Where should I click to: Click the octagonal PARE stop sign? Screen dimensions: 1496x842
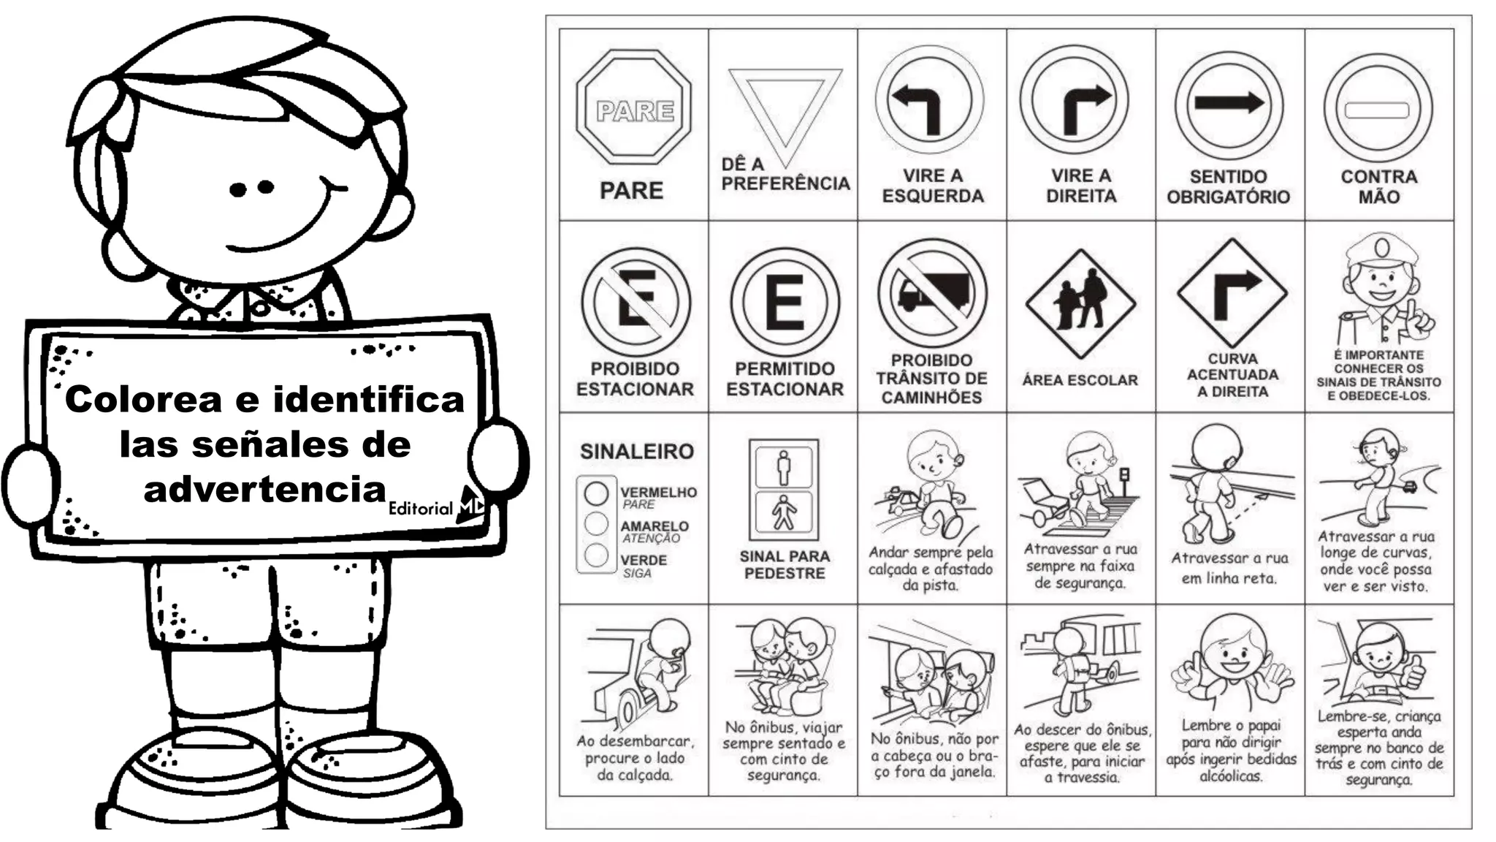[x=633, y=107]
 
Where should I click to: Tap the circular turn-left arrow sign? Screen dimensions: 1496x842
[x=929, y=100]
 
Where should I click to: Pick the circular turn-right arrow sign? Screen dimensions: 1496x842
[x=1075, y=100]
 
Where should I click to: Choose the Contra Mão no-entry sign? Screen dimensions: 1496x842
[x=1378, y=108]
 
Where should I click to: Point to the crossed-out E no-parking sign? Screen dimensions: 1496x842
[x=635, y=302]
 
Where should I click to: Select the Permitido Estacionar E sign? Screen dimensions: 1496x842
[x=785, y=302]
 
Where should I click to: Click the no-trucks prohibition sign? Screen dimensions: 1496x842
[x=932, y=292]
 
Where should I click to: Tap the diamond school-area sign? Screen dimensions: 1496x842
[x=1080, y=303]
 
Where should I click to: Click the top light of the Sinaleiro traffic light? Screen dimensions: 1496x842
[x=596, y=493]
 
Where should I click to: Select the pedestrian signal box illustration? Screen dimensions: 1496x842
[x=784, y=490]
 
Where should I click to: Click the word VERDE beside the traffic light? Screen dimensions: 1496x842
[x=644, y=561]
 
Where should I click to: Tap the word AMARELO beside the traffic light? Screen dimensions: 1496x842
[x=654, y=526]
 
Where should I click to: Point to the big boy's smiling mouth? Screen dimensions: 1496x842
[x=285, y=219]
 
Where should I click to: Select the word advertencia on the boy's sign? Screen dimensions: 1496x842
[x=264, y=489]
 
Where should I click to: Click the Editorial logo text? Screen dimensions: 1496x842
[x=421, y=508]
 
